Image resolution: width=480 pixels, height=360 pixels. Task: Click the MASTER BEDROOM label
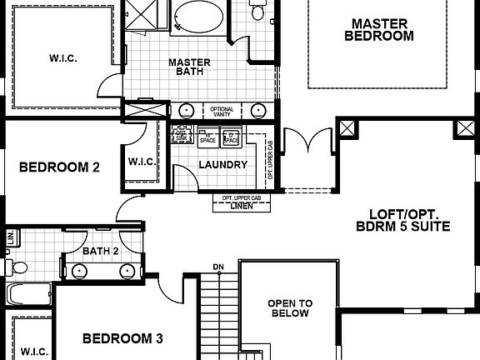point(378,30)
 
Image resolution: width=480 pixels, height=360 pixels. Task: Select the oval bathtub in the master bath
point(199,17)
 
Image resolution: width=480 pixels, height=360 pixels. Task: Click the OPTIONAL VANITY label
point(222,111)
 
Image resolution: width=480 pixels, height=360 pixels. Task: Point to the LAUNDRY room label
point(222,165)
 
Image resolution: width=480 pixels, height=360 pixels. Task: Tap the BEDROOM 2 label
point(59,167)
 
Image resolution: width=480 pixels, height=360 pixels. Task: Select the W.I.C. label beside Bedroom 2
point(141,162)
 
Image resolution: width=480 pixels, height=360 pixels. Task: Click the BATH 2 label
point(101,250)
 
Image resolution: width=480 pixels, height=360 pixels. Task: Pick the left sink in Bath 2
point(80,270)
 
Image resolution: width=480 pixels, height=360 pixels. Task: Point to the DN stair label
point(218,267)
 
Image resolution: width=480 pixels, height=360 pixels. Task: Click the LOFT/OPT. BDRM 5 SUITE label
point(403,218)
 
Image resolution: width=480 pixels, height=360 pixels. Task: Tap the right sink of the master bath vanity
point(258,110)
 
